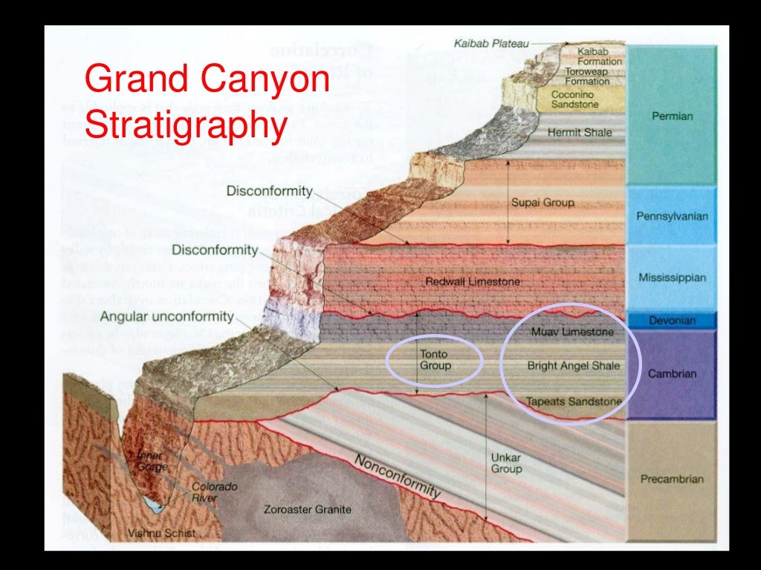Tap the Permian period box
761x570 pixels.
coord(672,116)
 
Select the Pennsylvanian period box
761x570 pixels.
coord(672,216)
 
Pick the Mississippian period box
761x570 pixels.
coord(672,278)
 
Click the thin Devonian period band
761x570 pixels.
coord(672,321)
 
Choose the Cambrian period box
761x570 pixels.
coord(672,373)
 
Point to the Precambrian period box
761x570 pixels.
coord(672,479)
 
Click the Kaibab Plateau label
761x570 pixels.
coord(491,44)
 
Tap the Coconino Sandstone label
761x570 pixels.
coord(574,99)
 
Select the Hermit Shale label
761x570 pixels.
coord(580,133)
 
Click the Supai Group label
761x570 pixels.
coord(543,202)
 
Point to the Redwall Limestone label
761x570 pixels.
coord(473,282)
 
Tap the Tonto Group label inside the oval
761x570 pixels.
coord(435,360)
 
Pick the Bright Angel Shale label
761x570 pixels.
coord(573,365)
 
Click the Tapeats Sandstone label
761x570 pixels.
coord(573,402)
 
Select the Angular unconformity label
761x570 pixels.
coord(167,317)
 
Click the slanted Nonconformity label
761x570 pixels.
coord(398,476)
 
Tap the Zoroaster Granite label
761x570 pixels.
coord(308,510)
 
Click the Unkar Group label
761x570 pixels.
coord(506,463)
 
